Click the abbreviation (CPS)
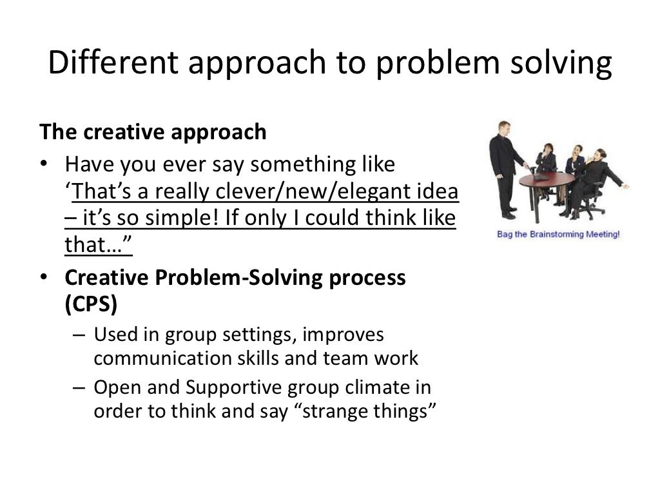pyautogui.click(x=91, y=305)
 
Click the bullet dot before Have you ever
pyautogui.click(x=44, y=165)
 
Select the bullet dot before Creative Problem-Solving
pyautogui.click(x=44, y=278)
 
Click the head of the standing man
pyautogui.click(x=503, y=127)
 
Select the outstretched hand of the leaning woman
pyautogui.click(x=623, y=186)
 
